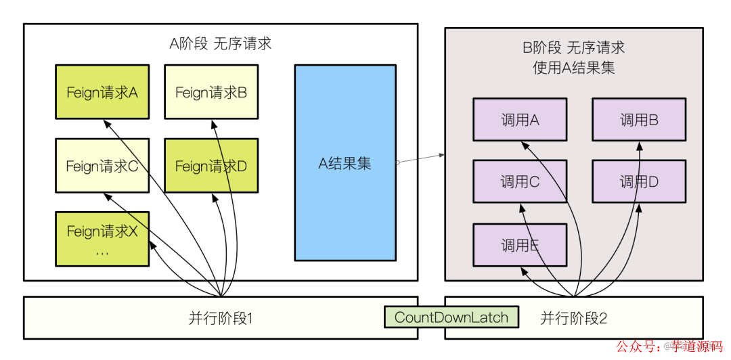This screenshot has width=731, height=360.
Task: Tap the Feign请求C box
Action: click(x=102, y=166)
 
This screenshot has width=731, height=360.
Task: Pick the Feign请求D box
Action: click(x=211, y=166)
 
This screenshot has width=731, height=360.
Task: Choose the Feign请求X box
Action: click(x=102, y=238)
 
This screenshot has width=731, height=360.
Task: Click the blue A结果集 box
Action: click(x=345, y=163)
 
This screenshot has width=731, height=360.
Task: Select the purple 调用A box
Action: click(x=519, y=120)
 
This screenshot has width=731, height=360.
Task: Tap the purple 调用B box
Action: click(x=639, y=120)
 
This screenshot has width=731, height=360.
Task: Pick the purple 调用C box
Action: click(x=519, y=181)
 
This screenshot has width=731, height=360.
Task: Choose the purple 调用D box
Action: click(x=639, y=181)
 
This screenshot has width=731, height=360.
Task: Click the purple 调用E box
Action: click(x=519, y=245)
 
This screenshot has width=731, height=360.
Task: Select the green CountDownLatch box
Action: click(x=451, y=317)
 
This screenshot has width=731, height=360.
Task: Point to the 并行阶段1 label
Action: click(x=221, y=318)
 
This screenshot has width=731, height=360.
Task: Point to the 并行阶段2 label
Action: click(x=573, y=318)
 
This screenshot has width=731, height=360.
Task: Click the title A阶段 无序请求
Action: click(x=220, y=44)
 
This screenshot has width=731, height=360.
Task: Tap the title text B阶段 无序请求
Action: click(x=573, y=48)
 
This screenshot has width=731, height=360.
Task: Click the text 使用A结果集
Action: click(x=573, y=67)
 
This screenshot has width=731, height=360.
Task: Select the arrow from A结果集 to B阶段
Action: click(x=420, y=158)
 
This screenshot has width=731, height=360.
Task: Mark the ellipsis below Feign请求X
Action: click(x=102, y=252)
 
